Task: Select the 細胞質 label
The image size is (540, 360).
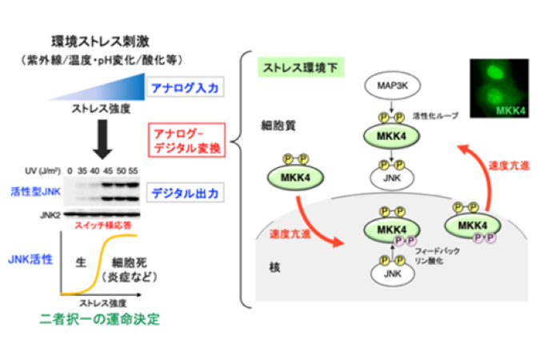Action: tap(271, 126)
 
